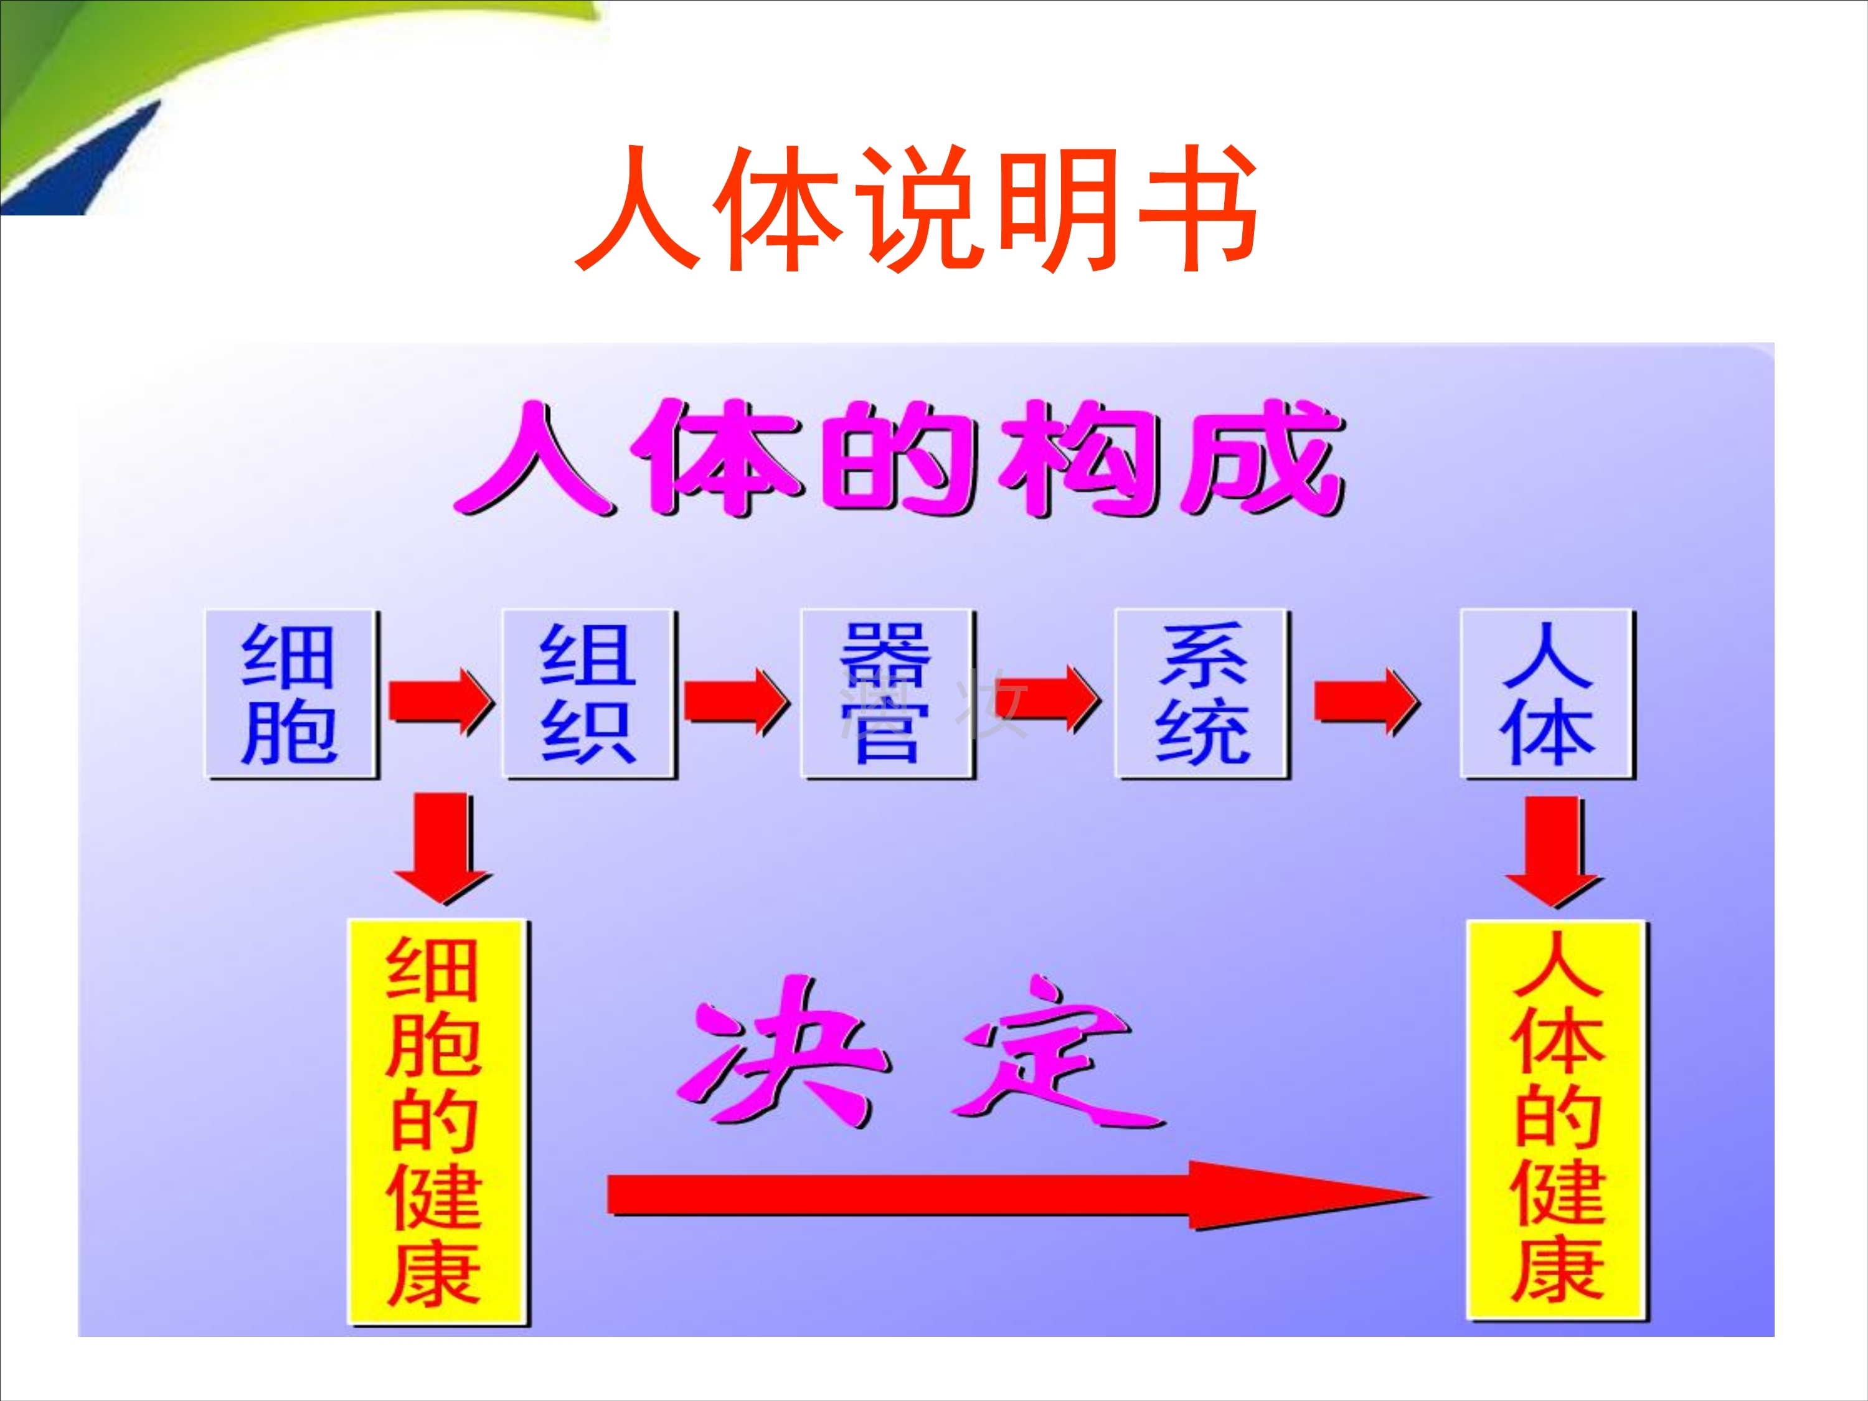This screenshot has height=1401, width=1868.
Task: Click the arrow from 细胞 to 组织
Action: pos(439,700)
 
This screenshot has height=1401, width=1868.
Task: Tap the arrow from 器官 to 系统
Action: pos(1047,699)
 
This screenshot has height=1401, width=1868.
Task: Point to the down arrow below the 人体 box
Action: pos(1552,849)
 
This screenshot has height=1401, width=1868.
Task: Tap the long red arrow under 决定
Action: pos(1013,1195)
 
